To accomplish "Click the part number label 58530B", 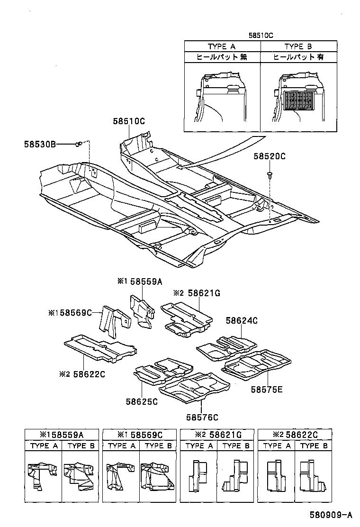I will pyautogui.click(x=40, y=144).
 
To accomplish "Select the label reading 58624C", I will pyautogui.click(x=241, y=321).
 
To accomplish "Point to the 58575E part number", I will pyautogui.click(x=267, y=389).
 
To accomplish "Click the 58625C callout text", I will pyautogui.click(x=142, y=401).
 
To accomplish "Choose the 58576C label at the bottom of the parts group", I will pyautogui.click(x=202, y=417).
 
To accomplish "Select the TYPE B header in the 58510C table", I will pyautogui.click(x=298, y=46).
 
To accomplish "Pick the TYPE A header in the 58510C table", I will pyautogui.click(x=222, y=46).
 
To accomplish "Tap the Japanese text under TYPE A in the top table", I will pyautogui.click(x=222, y=57).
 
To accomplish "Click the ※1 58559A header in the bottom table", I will pyautogui.click(x=62, y=435).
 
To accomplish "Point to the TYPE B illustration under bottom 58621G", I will pyautogui.click(x=235, y=476).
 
